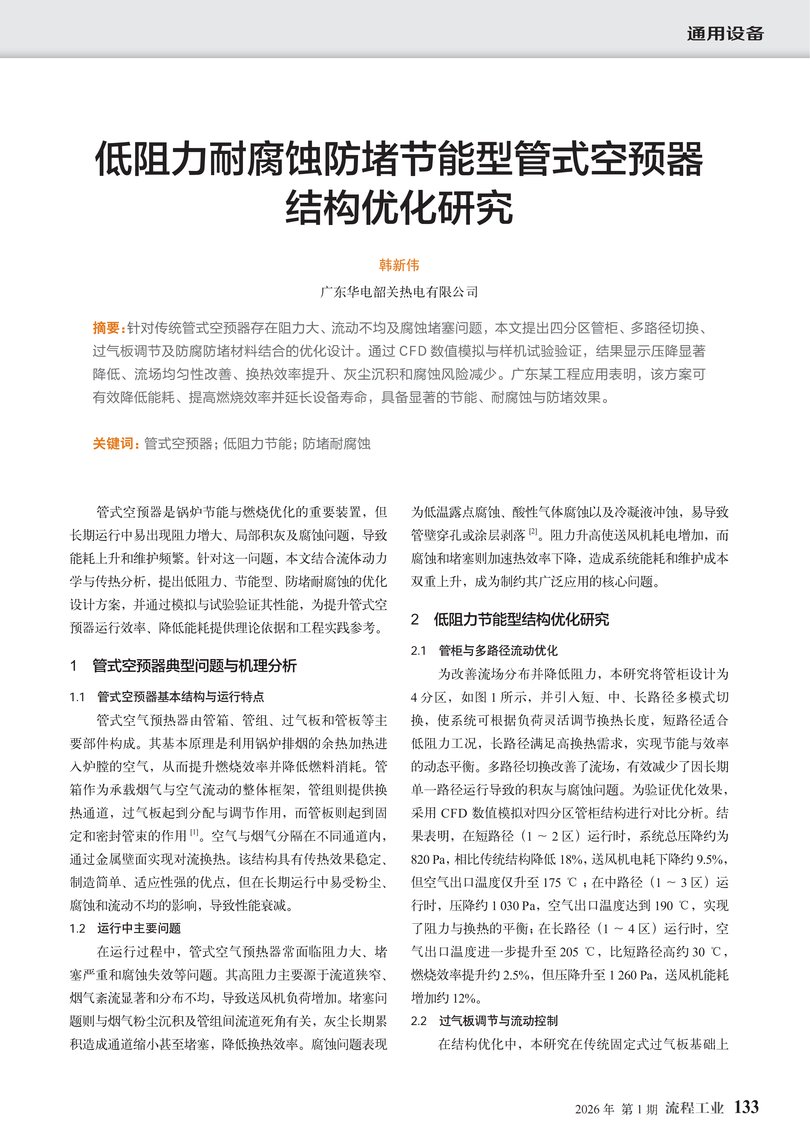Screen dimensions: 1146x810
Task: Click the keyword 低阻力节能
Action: click(x=257, y=443)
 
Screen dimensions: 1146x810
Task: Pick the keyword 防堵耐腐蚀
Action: click(x=337, y=443)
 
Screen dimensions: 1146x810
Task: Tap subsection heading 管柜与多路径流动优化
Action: click(x=498, y=650)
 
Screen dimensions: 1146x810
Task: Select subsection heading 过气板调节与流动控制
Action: click(x=498, y=1021)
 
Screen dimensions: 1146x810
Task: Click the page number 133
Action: click(x=746, y=1107)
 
